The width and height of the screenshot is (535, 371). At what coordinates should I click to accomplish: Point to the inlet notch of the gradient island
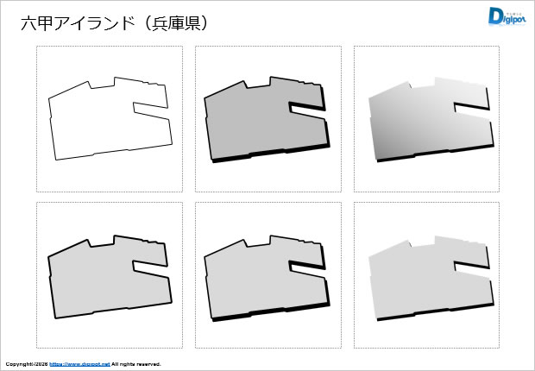(x=470, y=106)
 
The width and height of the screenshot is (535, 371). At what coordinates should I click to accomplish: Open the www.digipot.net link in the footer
(x=79, y=364)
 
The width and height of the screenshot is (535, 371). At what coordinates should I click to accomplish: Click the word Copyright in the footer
(x=19, y=364)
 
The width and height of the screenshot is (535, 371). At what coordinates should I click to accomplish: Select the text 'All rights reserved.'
(x=136, y=364)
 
